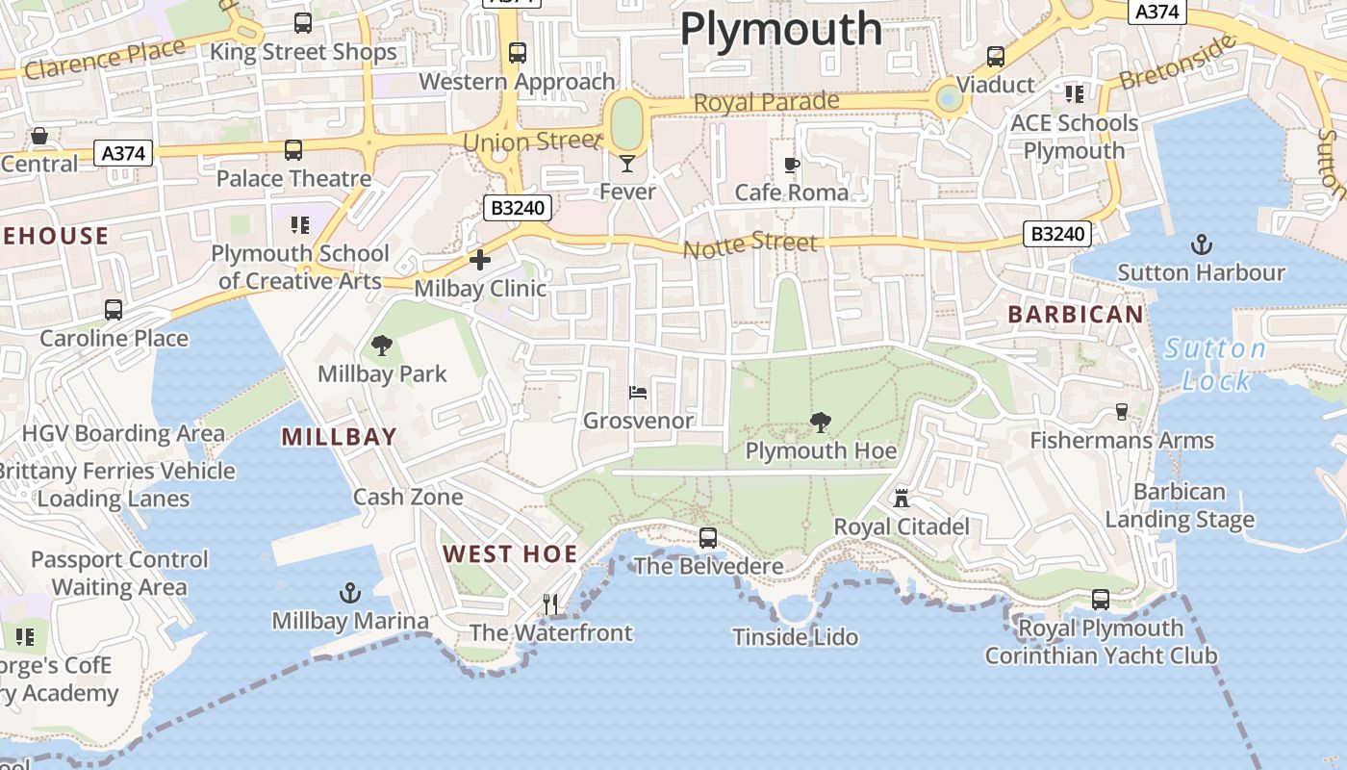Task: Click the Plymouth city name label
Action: (780, 30)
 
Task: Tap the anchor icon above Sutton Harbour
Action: (1201, 244)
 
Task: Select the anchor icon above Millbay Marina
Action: (350, 593)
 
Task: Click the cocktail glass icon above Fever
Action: (627, 164)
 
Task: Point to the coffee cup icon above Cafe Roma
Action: (792, 166)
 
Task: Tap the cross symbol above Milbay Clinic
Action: (479, 260)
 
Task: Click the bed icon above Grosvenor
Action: (638, 393)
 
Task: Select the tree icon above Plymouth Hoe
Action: (821, 422)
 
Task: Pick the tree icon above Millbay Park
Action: (382, 346)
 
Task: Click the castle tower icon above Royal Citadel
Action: (902, 499)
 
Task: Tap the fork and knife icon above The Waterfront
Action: (550, 604)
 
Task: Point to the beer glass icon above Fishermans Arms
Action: (1122, 412)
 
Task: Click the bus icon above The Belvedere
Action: (708, 538)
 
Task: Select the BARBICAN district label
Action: (1076, 314)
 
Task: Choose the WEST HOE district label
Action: (510, 553)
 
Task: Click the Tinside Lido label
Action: (795, 637)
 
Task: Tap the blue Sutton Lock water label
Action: (1215, 365)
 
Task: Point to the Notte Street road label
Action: (750, 245)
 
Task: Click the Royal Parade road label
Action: (766, 102)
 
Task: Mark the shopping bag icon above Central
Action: (39, 136)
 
